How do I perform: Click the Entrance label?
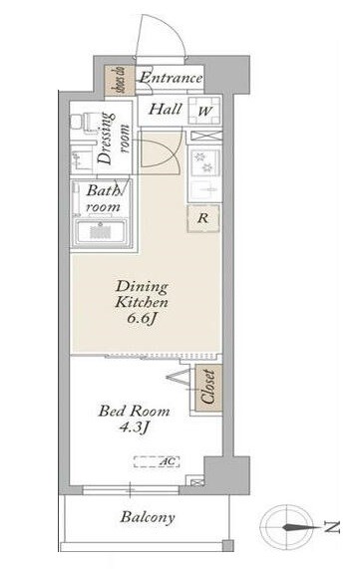pos(171,78)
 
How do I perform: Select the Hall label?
pos(166,110)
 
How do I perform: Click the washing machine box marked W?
pos(204,111)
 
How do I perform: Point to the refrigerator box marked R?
pos(203,218)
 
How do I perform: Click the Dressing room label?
pos(113,139)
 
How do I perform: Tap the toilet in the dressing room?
pos(84,121)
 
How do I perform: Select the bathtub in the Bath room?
pos(101,232)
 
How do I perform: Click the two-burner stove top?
pos(204,161)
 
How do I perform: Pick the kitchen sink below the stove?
pos(204,188)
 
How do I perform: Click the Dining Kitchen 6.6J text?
pos(142,303)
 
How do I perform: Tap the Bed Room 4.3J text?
pos(135,420)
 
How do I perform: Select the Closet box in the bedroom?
pos(208,388)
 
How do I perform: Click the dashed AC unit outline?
pos(157,462)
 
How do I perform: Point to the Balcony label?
pos(148,517)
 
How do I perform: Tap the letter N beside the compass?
pos(332,527)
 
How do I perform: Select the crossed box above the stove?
pos(205,137)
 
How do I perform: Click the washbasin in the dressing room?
pos(81,158)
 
